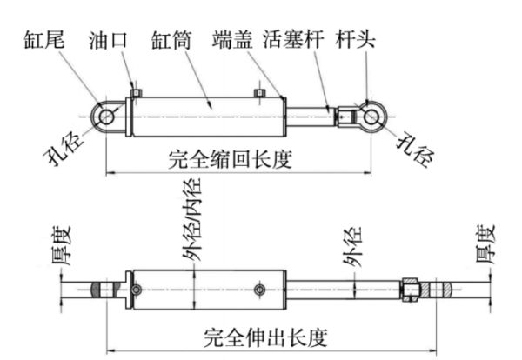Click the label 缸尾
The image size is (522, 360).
[44, 40]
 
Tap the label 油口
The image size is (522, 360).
[108, 40]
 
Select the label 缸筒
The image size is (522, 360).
[171, 40]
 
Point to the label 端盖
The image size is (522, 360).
[232, 40]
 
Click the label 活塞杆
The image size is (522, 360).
[293, 39]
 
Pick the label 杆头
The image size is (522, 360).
[356, 39]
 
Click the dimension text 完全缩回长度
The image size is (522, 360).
[231, 159]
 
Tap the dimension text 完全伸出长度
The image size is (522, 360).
[265, 337]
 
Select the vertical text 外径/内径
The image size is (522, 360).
[192, 219]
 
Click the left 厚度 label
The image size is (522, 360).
[62, 246]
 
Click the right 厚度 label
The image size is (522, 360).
[485, 244]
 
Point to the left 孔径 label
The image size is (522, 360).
[64, 149]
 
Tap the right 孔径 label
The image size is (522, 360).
[416, 149]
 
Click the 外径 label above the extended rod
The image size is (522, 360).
[353, 247]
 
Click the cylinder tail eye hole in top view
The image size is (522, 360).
[106, 117]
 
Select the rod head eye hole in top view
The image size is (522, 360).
[371, 117]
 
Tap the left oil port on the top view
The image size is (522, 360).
[136, 93]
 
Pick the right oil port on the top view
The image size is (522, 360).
[259, 93]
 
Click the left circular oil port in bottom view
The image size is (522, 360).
[137, 290]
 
